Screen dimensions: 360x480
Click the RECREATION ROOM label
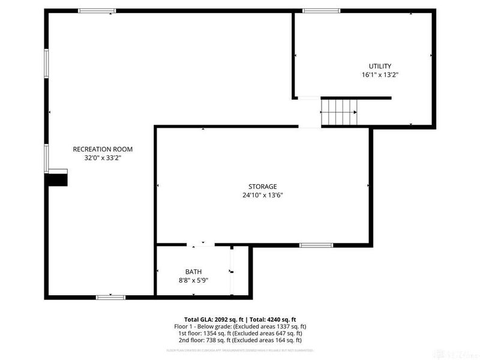pos(103,149)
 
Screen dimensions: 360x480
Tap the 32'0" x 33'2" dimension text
pos(103,158)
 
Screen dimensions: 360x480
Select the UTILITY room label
pos(380,66)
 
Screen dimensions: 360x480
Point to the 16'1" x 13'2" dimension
pos(380,76)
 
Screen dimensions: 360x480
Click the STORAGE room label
pos(263,186)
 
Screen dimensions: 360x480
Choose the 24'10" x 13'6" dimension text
pos(263,195)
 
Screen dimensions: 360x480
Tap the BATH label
pos(193,272)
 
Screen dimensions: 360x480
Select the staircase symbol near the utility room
pos(339,112)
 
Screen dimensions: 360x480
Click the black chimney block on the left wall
pos(58,178)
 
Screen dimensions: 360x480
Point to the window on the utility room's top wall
pos(321,11)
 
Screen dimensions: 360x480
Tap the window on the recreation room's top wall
pos(97,11)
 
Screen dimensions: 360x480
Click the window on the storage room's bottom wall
pos(316,245)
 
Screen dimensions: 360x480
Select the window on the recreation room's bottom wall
pos(110,296)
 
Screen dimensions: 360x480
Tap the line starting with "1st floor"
pos(239,333)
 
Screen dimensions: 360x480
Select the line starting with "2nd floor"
pos(239,340)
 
